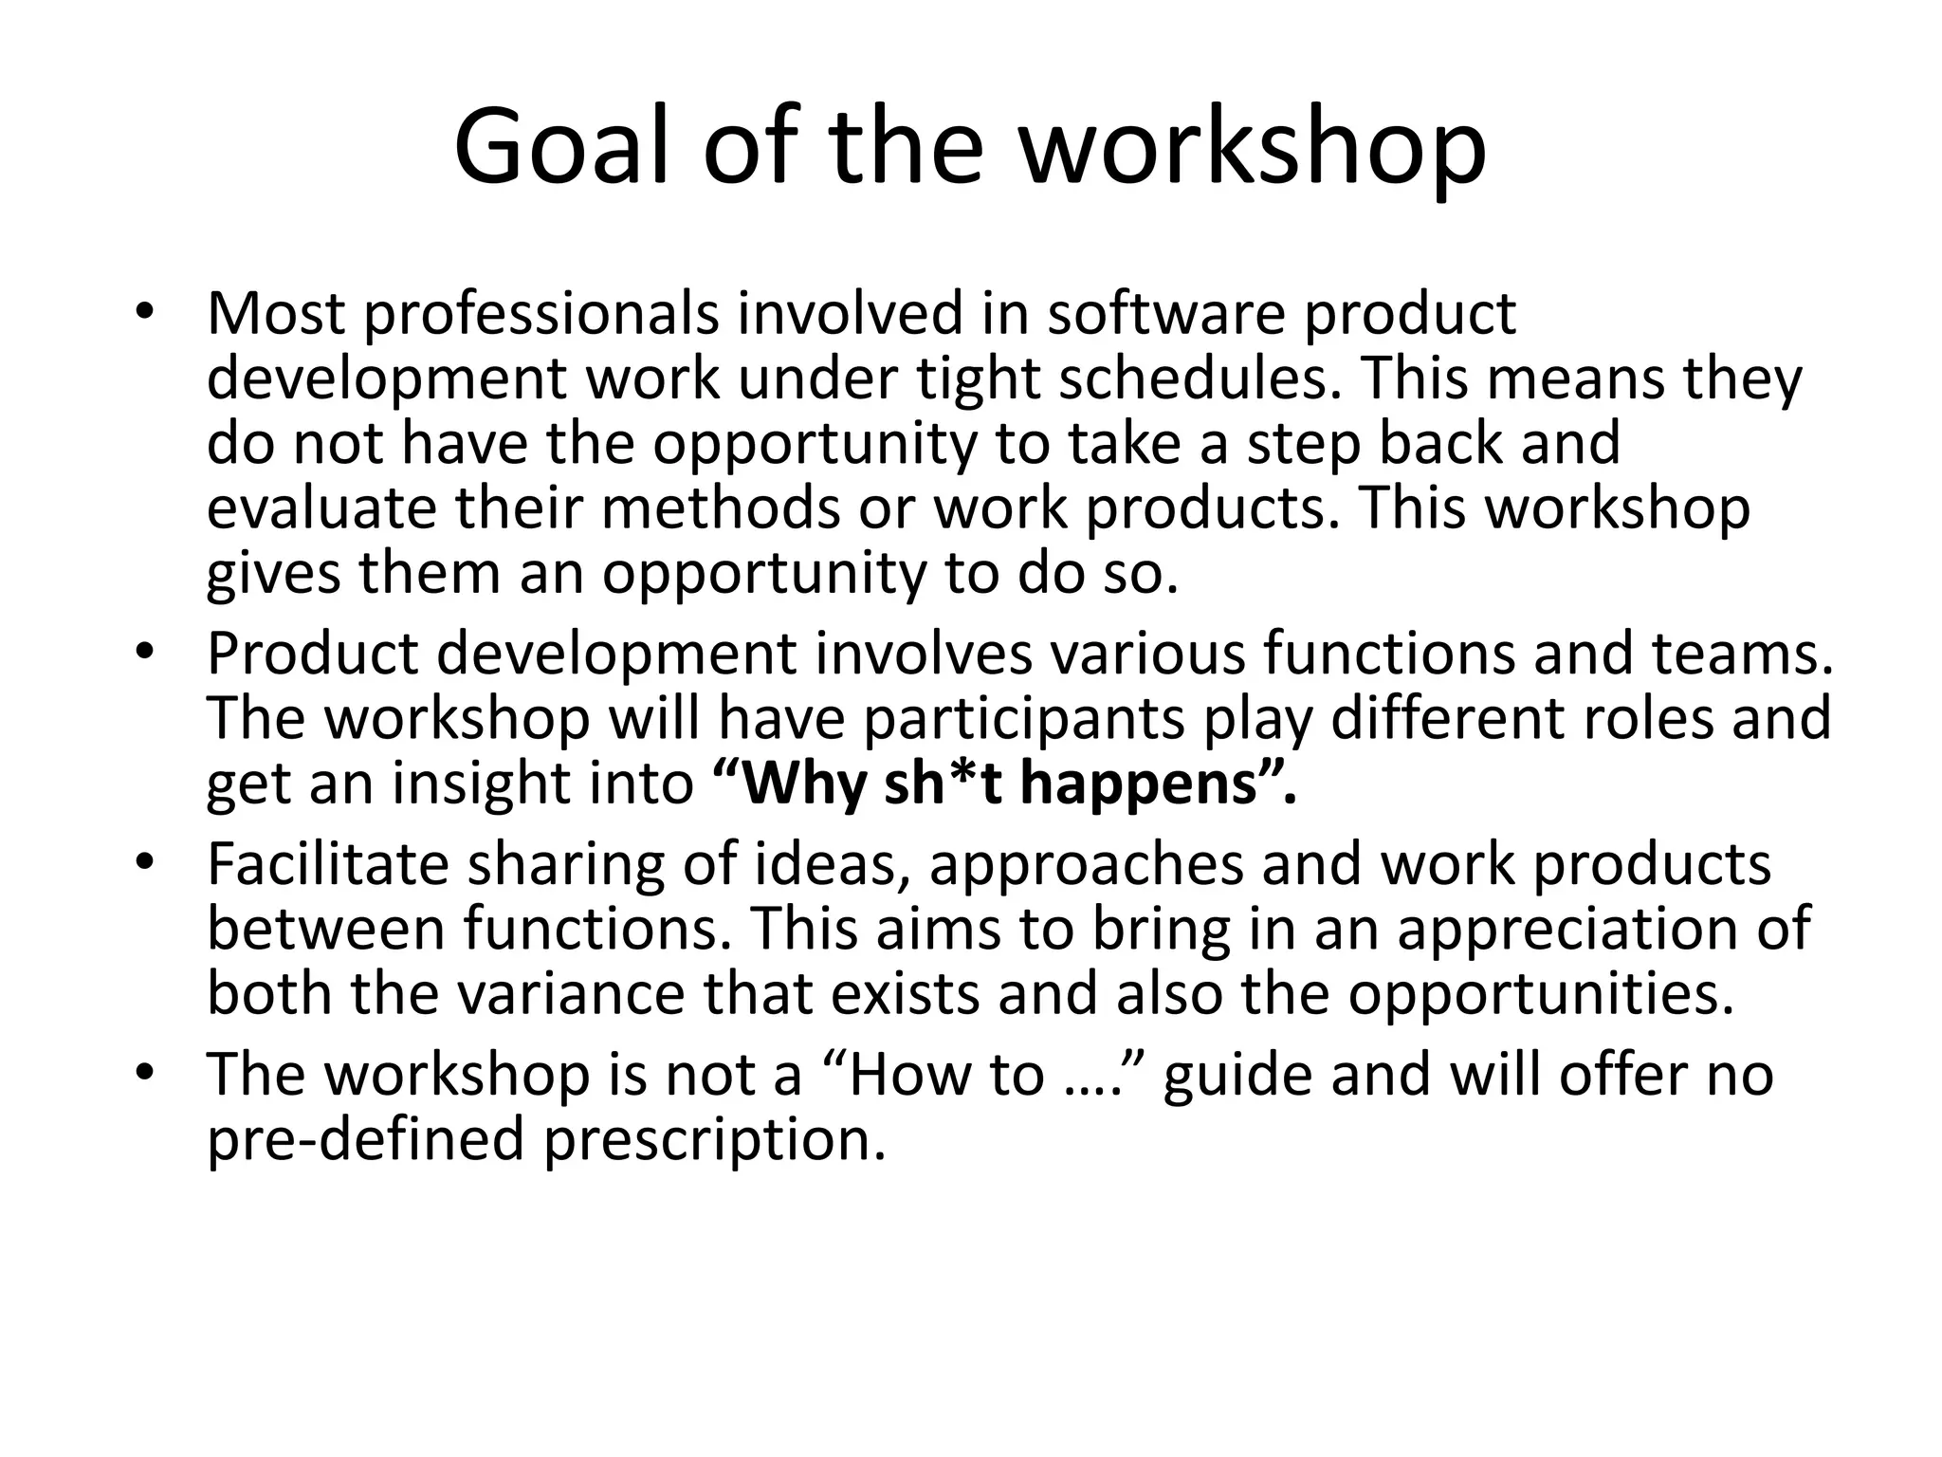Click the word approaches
(x=1085, y=865)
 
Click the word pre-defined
(x=365, y=1138)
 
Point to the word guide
(x=1237, y=1076)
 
